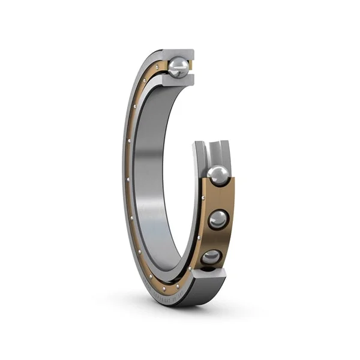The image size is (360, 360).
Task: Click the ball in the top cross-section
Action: coord(178,67)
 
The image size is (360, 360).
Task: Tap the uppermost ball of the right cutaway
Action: coord(217,175)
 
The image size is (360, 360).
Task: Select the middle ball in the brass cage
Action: coord(217,219)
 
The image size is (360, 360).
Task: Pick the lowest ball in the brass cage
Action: coord(211,257)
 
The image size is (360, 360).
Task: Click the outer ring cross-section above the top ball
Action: coord(180,53)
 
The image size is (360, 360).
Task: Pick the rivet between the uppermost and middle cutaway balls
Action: coord(231,198)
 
